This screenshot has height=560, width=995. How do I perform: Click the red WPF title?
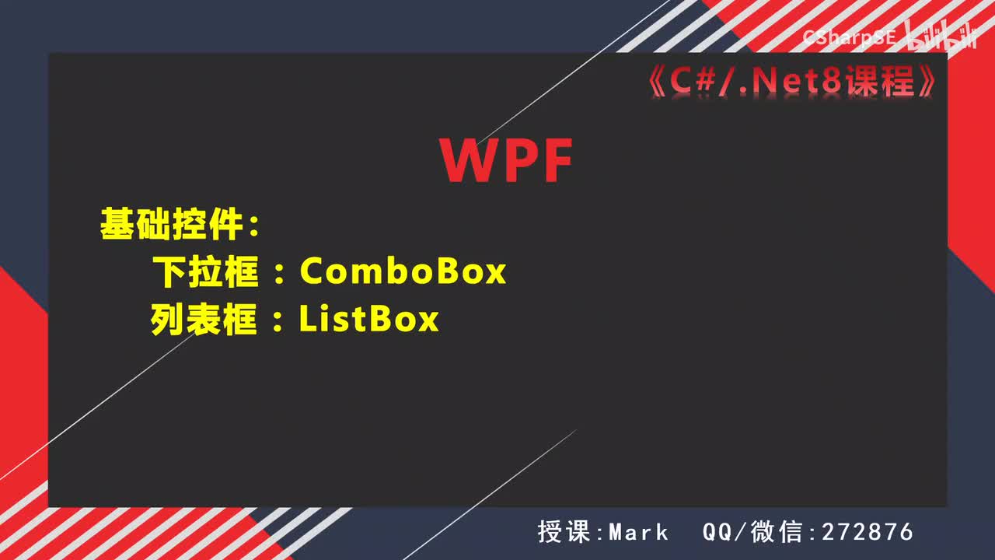506,161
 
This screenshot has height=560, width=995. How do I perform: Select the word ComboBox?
403,271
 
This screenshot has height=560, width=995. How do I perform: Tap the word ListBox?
369,320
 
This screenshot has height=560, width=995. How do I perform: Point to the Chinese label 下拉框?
204,271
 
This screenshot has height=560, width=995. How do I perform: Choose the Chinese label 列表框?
204,320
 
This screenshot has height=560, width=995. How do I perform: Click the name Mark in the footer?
639,532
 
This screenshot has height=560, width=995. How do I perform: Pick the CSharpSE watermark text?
850,36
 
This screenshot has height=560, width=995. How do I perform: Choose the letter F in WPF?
556,161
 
